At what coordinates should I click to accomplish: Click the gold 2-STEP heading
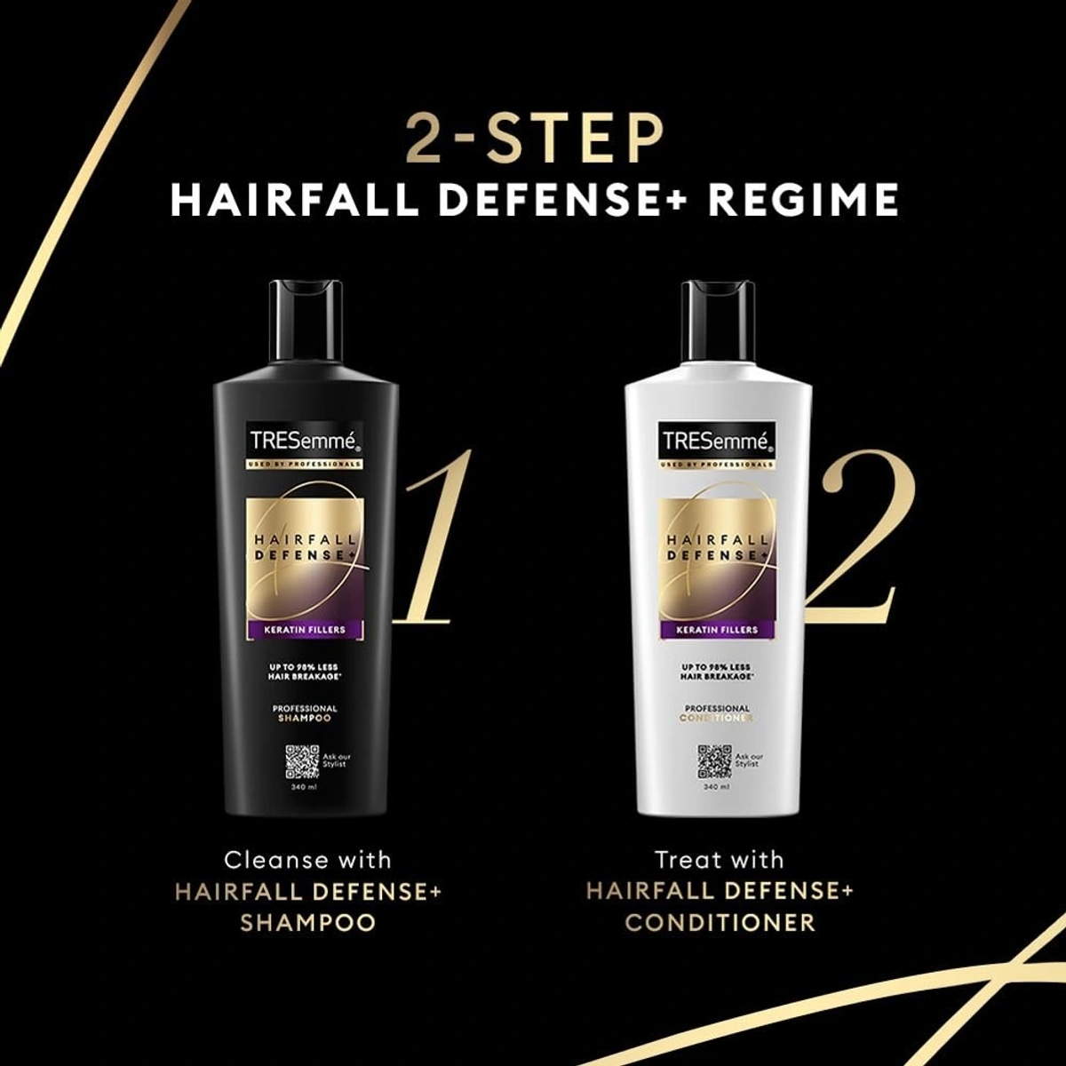click(534, 139)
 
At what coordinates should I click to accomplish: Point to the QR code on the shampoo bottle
click(302, 761)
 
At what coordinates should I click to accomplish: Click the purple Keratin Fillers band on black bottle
click(305, 630)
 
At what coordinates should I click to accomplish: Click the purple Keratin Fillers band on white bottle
click(718, 630)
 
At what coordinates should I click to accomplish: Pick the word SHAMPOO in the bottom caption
click(307, 922)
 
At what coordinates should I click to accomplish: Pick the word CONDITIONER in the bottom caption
click(720, 922)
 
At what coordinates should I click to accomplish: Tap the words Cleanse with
click(307, 860)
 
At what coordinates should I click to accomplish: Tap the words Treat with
click(720, 860)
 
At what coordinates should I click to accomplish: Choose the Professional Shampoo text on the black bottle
click(305, 713)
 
